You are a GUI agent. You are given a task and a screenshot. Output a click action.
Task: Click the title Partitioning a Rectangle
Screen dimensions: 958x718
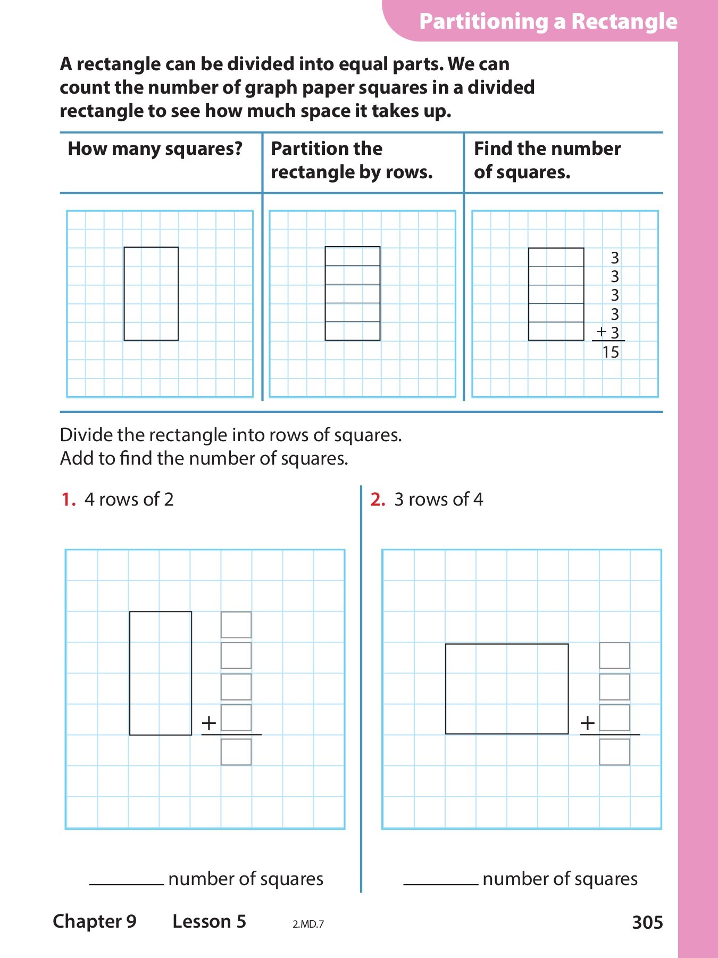click(548, 22)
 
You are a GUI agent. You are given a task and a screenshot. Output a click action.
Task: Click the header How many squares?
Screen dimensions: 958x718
click(155, 149)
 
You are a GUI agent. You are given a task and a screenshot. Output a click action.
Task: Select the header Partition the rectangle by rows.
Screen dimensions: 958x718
click(352, 160)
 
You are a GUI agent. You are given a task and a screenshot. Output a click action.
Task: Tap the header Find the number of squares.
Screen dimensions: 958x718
click(547, 160)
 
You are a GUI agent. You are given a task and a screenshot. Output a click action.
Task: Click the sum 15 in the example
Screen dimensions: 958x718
click(611, 352)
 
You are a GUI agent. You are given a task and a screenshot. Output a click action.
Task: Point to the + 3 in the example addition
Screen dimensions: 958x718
click(608, 333)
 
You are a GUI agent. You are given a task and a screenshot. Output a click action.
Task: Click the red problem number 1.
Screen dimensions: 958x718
click(68, 499)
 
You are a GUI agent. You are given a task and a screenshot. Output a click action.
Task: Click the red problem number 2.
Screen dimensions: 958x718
click(378, 499)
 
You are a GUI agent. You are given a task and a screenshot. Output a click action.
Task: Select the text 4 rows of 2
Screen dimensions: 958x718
click(129, 499)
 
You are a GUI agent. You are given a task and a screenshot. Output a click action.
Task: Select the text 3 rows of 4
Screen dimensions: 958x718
click(438, 499)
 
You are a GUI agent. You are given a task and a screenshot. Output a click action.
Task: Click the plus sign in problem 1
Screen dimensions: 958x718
click(209, 723)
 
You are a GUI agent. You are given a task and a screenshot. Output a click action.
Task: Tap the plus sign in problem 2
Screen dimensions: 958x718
click(587, 723)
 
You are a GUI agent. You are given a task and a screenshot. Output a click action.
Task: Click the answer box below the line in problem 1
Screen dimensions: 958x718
click(236, 752)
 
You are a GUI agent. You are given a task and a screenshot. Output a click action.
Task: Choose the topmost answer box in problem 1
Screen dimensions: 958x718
click(236, 625)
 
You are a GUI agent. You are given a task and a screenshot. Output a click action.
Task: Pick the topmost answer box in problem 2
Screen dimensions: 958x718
click(614, 656)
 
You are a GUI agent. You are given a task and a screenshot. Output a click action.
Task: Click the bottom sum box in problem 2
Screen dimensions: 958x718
click(614, 752)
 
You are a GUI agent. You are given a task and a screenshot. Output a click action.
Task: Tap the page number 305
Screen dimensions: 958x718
click(647, 922)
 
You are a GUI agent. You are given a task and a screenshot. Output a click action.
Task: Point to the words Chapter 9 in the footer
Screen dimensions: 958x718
click(95, 921)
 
